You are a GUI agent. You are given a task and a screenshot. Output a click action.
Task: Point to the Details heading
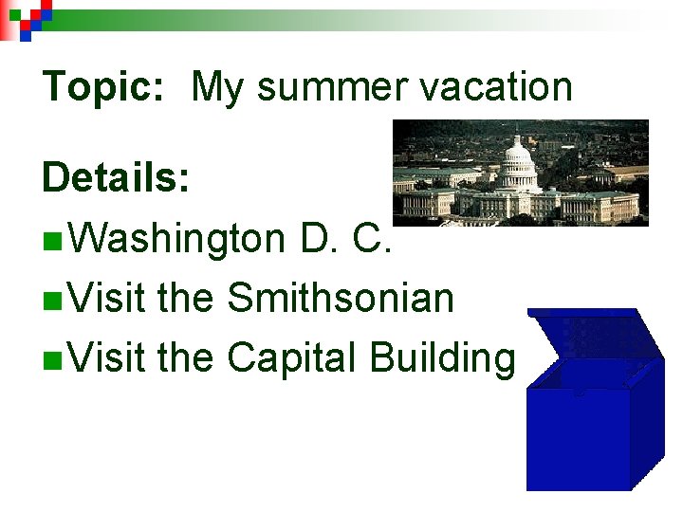click(x=115, y=177)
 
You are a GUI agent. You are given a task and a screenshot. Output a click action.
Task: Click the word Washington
click(x=176, y=240)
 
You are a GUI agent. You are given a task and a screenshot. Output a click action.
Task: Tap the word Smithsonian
click(x=341, y=299)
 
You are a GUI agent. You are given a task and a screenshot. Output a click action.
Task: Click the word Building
click(x=442, y=359)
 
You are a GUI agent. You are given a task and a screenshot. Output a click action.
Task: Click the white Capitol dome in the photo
click(x=517, y=159)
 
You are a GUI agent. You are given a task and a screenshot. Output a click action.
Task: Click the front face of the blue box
click(x=580, y=435)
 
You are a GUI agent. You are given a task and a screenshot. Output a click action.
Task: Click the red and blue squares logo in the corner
click(x=26, y=16)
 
